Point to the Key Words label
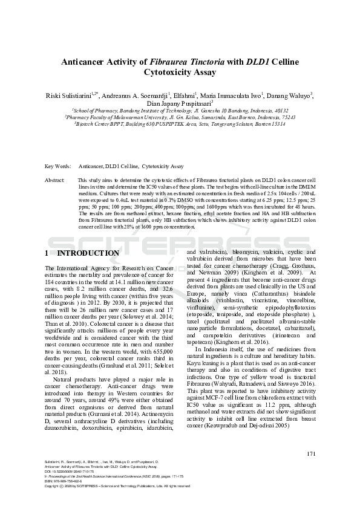pos(58,166)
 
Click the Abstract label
pos(55,181)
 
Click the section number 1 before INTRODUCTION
pos(47,253)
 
